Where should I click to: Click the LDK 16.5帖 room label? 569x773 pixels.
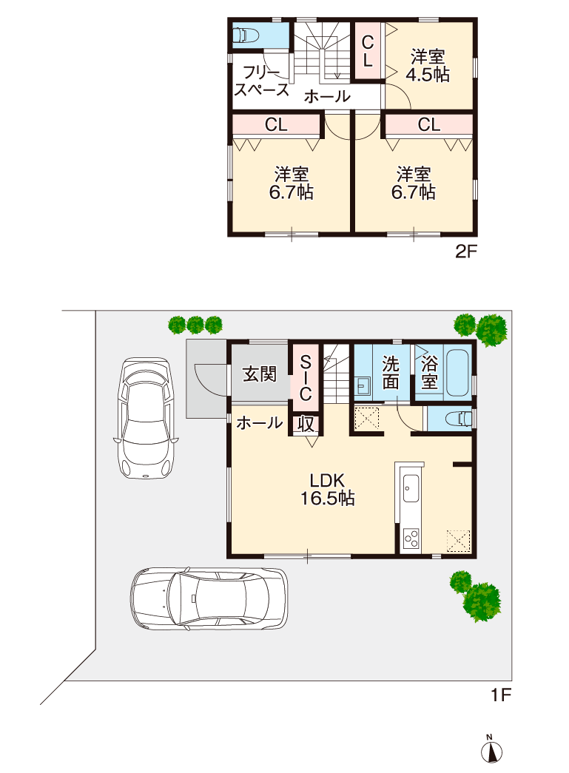coord(327,488)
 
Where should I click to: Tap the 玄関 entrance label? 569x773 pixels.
coord(260,374)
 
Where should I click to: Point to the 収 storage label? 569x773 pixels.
coord(306,424)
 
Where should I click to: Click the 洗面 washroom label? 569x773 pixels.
coord(391,373)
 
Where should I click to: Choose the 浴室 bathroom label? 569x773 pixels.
coord(429,373)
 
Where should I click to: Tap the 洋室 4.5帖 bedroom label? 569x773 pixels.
coord(428,65)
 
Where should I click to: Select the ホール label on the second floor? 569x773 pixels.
coord(326,95)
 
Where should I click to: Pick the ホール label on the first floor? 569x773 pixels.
coord(260,423)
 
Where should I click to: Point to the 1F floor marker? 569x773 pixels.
coord(501,695)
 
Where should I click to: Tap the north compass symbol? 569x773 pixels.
coord(490,750)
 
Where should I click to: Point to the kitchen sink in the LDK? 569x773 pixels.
coord(411,488)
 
